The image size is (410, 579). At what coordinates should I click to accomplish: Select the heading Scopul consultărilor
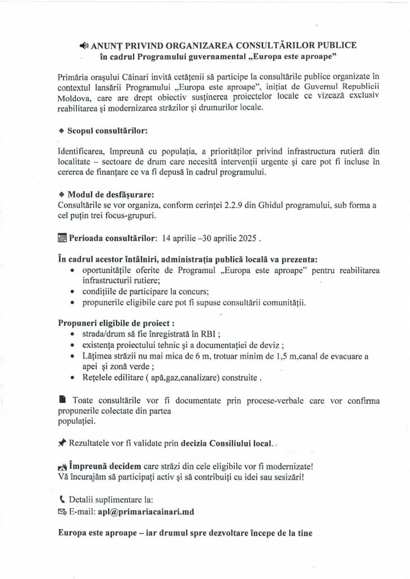(x=99, y=130)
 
